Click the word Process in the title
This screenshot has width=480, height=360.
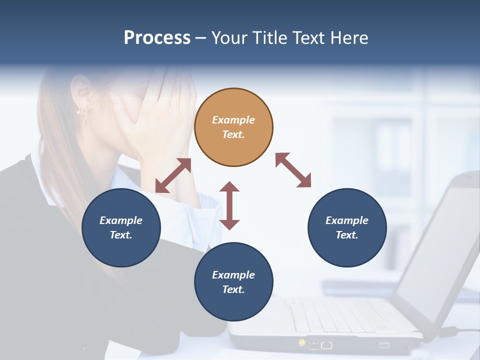tap(157, 38)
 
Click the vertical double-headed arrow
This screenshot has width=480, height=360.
tap(229, 205)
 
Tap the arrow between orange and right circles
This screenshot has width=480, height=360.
tap(293, 170)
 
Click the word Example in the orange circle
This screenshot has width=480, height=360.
tap(233, 120)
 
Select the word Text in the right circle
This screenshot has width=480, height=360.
tap(346, 235)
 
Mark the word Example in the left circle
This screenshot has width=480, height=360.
tap(121, 220)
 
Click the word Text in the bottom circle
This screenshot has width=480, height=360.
tap(233, 289)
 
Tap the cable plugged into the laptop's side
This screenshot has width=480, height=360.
tap(462, 330)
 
